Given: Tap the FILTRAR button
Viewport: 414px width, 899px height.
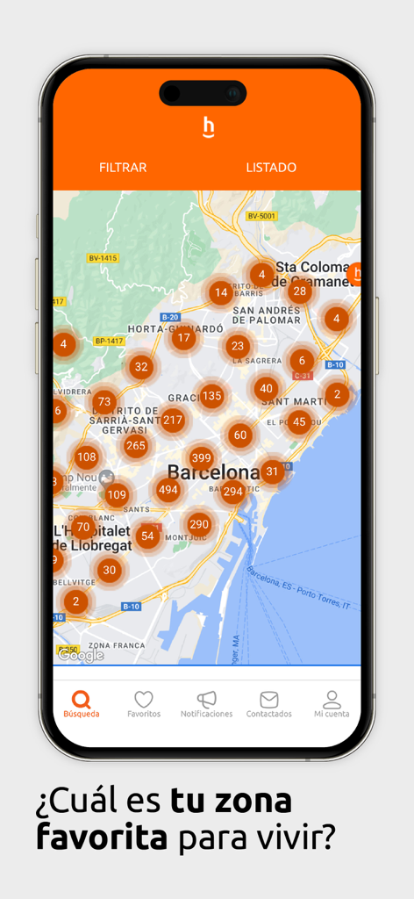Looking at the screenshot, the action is coord(123,168).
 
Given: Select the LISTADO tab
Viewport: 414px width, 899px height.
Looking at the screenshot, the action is coord(271,168).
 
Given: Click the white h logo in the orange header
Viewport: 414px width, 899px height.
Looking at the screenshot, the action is coord(208,128).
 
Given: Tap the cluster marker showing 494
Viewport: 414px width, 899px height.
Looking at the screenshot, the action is coord(168,491).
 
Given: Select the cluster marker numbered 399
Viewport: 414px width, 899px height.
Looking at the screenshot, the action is coord(202,457).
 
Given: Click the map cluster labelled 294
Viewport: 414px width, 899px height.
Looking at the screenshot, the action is coord(232,492).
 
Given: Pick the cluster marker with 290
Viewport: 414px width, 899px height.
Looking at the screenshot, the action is coord(199,525).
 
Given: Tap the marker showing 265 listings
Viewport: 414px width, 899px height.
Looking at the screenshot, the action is coord(136,446).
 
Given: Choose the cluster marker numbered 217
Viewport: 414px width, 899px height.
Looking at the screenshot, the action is coord(173,421).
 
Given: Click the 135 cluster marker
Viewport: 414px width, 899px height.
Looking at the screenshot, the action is coord(211,396).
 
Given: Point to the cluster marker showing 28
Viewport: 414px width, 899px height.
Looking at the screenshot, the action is coord(300,291).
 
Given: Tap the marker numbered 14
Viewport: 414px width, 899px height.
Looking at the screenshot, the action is coord(221,292).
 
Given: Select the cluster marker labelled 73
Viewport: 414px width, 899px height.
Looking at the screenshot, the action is coord(104,402).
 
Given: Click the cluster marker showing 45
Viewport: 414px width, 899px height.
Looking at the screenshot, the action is coord(299,422).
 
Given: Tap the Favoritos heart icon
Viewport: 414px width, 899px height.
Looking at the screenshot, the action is coord(144,700).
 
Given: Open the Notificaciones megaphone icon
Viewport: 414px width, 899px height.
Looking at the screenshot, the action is coord(207,700).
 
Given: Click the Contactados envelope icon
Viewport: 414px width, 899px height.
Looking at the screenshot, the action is coord(269,700).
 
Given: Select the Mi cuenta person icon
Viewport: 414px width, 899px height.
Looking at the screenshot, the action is coord(332,700).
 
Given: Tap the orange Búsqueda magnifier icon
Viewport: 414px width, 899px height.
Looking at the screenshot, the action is coord(82,700).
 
